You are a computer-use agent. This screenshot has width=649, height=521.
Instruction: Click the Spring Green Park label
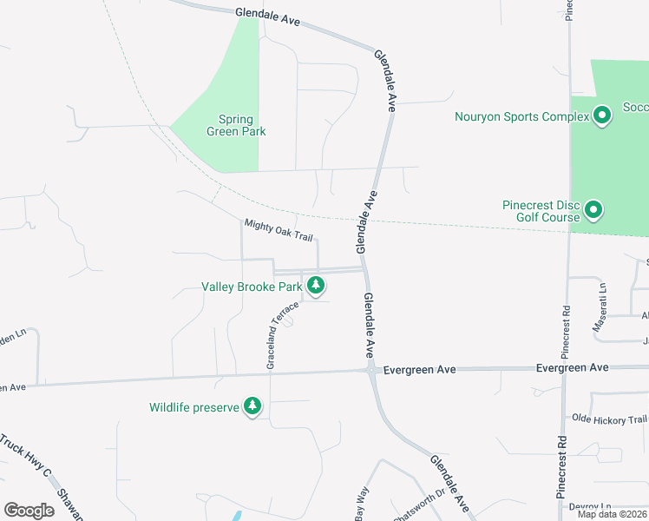pyautogui.click(x=236, y=126)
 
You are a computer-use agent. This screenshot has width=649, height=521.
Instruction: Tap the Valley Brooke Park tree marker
pyautogui.click(x=316, y=285)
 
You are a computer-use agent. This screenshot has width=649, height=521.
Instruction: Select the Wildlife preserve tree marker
pyautogui.click(x=252, y=406)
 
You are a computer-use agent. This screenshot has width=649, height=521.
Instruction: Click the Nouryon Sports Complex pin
pyautogui.click(x=601, y=116)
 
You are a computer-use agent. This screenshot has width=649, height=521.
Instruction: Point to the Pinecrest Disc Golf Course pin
pyautogui.click(x=593, y=210)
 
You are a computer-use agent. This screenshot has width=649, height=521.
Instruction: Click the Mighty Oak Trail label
pyautogui.click(x=278, y=230)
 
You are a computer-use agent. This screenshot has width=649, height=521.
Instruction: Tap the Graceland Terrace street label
pyautogui.click(x=282, y=336)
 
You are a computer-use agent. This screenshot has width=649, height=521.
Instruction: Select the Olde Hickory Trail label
pyautogui.click(x=610, y=420)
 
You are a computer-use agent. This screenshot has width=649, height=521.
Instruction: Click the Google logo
pyautogui.click(x=29, y=510)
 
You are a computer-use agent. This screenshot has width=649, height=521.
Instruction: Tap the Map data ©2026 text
pyautogui.click(x=612, y=514)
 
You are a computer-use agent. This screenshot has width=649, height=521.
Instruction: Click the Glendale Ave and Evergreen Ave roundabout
pyautogui.click(x=371, y=370)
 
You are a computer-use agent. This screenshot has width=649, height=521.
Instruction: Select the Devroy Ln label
pyautogui.click(x=591, y=506)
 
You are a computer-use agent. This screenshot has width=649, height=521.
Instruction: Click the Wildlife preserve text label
pyautogui.click(x=193, y=407)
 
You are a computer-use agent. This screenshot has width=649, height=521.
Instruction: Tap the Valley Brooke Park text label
pyautogui.click(x=252, y=286)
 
